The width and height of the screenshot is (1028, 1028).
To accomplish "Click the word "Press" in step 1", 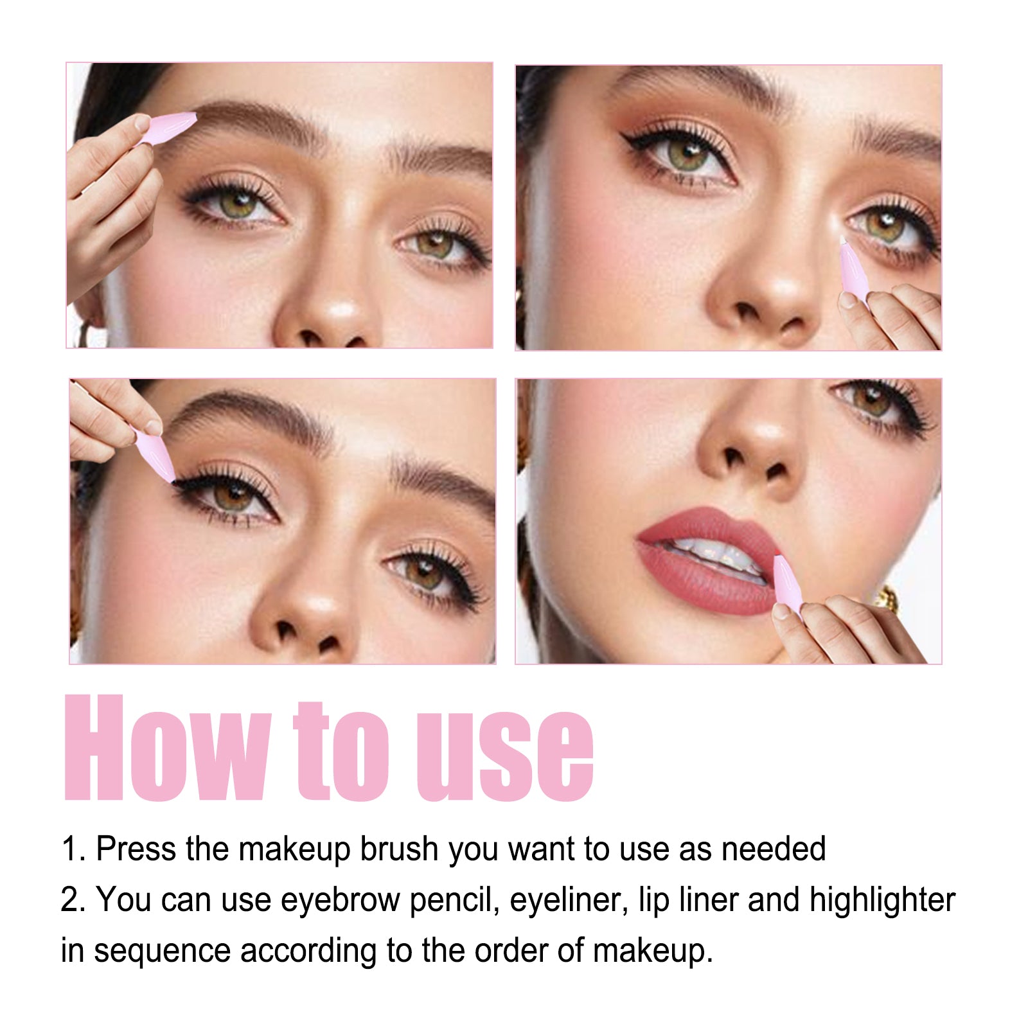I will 135,849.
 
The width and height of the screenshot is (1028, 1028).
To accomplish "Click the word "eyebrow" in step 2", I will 340,900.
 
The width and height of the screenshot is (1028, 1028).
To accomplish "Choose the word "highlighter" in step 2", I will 882,900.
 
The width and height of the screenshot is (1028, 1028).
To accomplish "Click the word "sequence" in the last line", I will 162,951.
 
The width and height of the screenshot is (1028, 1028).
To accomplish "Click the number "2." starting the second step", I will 73,900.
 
